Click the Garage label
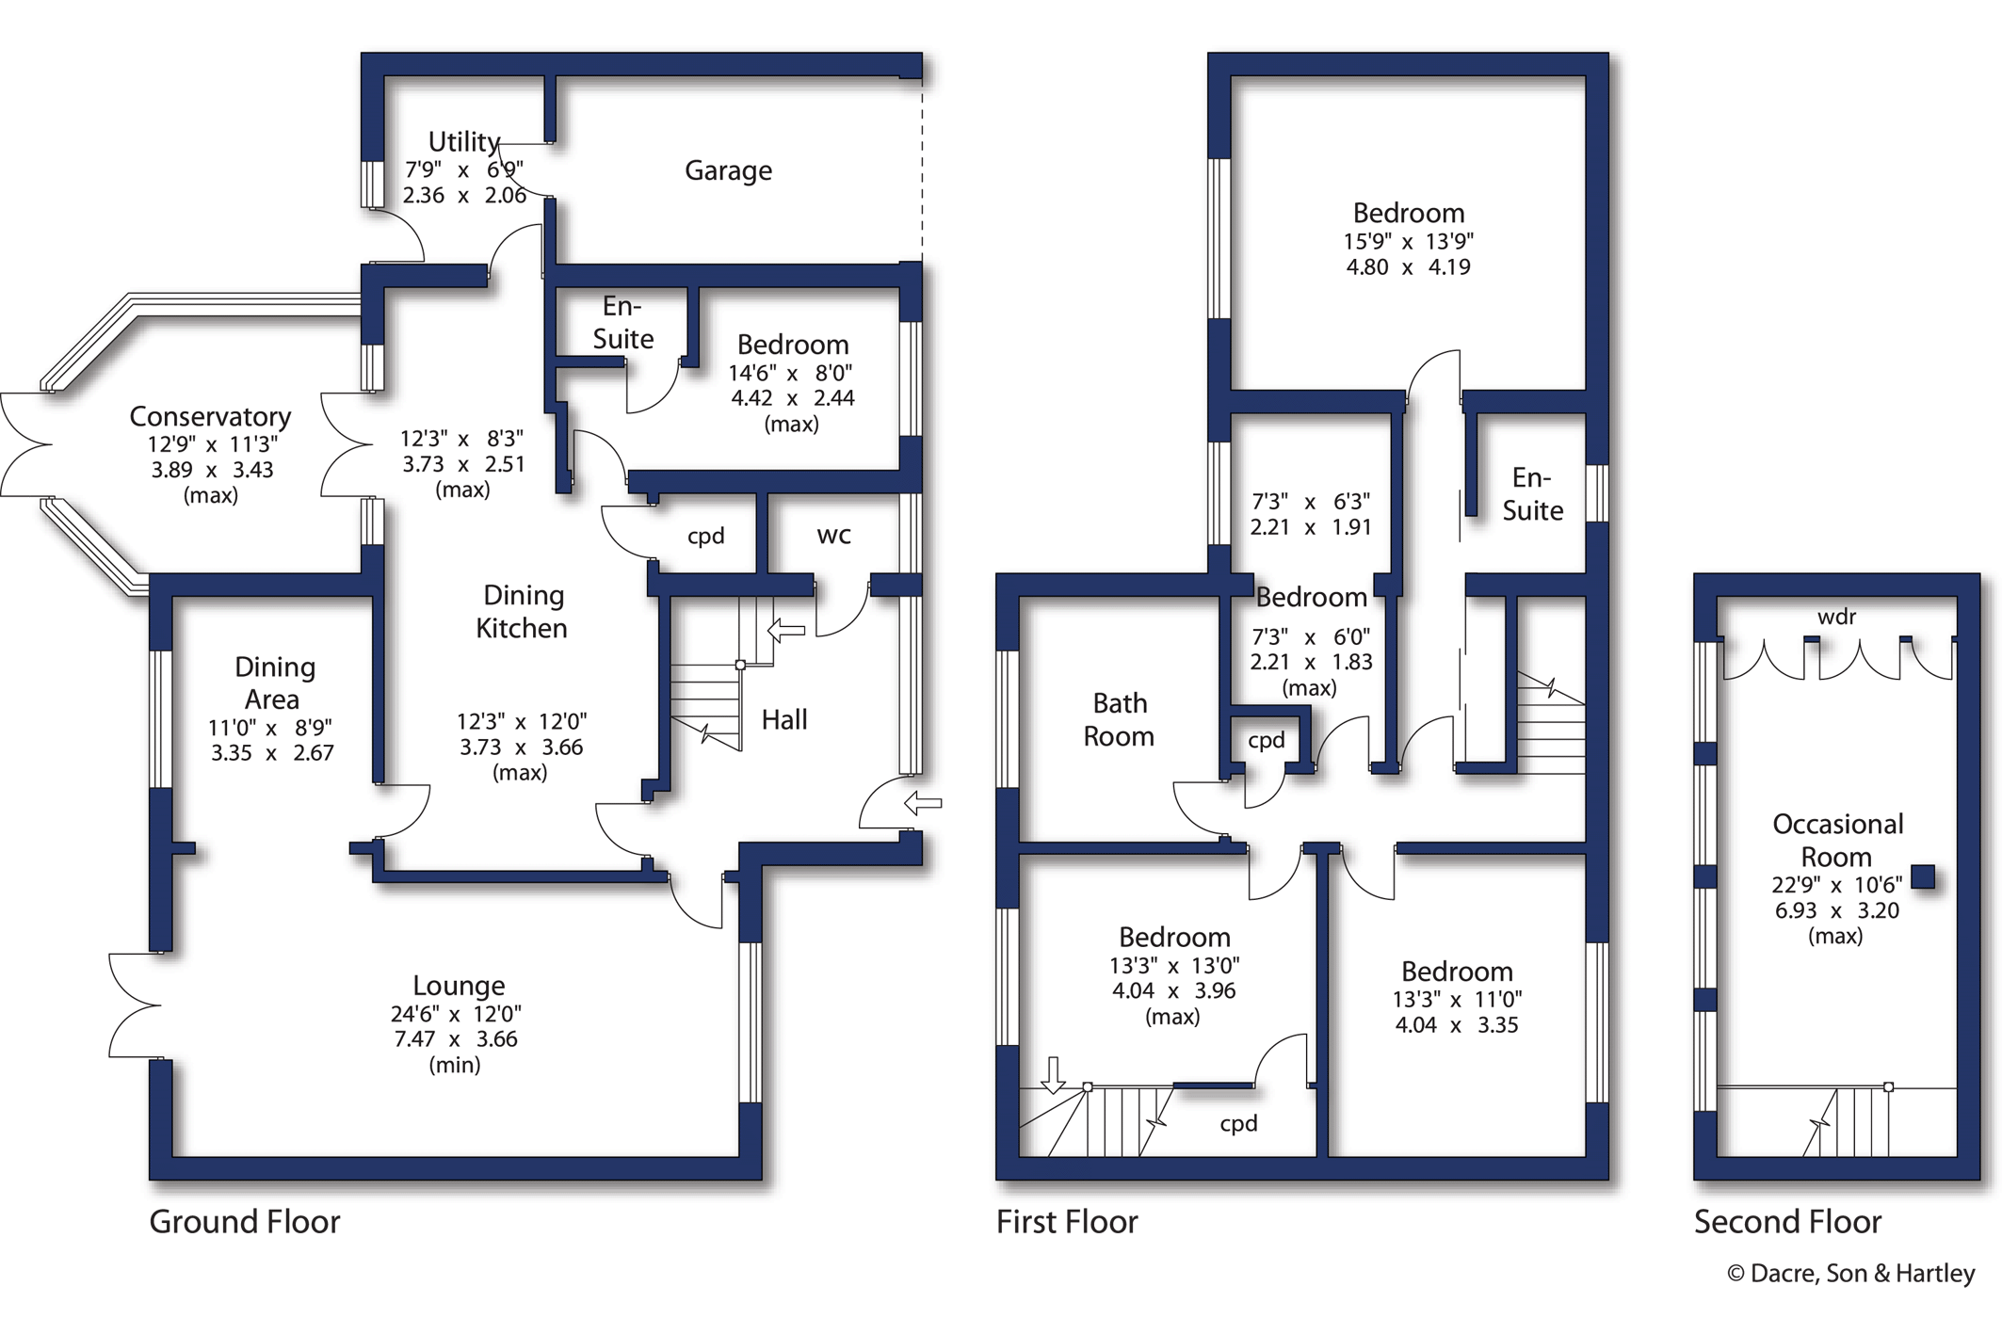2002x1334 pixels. [728, 170]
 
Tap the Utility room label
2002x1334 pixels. [464, 141]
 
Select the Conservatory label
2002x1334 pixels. [210, 416]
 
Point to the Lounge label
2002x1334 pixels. [459, 986]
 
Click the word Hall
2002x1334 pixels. [784, 720]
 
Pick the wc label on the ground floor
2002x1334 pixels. [834, 536]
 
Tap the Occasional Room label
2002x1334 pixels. [1837, 841]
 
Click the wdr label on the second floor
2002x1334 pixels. [1836, 617]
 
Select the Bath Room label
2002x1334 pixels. [1119, 719]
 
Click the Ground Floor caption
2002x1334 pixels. [245, 1222]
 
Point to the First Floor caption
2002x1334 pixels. [1067, 1222]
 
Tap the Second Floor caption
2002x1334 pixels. [1787, 1222]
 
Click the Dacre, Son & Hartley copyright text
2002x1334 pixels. [1850, 1274]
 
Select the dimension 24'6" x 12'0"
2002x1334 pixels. [456, 1014]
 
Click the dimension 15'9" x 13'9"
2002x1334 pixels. [1409, 241]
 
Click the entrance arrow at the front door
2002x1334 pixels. [923, 803]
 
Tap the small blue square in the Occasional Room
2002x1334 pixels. [1923, 876]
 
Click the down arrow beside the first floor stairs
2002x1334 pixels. [1053, 1075]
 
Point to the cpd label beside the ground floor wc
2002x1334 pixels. [706, 536]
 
